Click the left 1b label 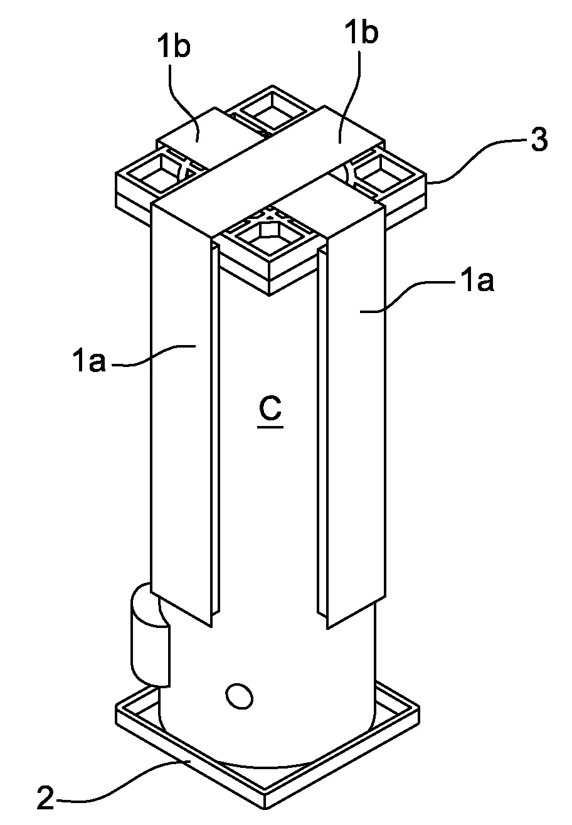(174, 47)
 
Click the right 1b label (362, 33)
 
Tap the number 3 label (539, 140)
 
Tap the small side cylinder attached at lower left (150, 635)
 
